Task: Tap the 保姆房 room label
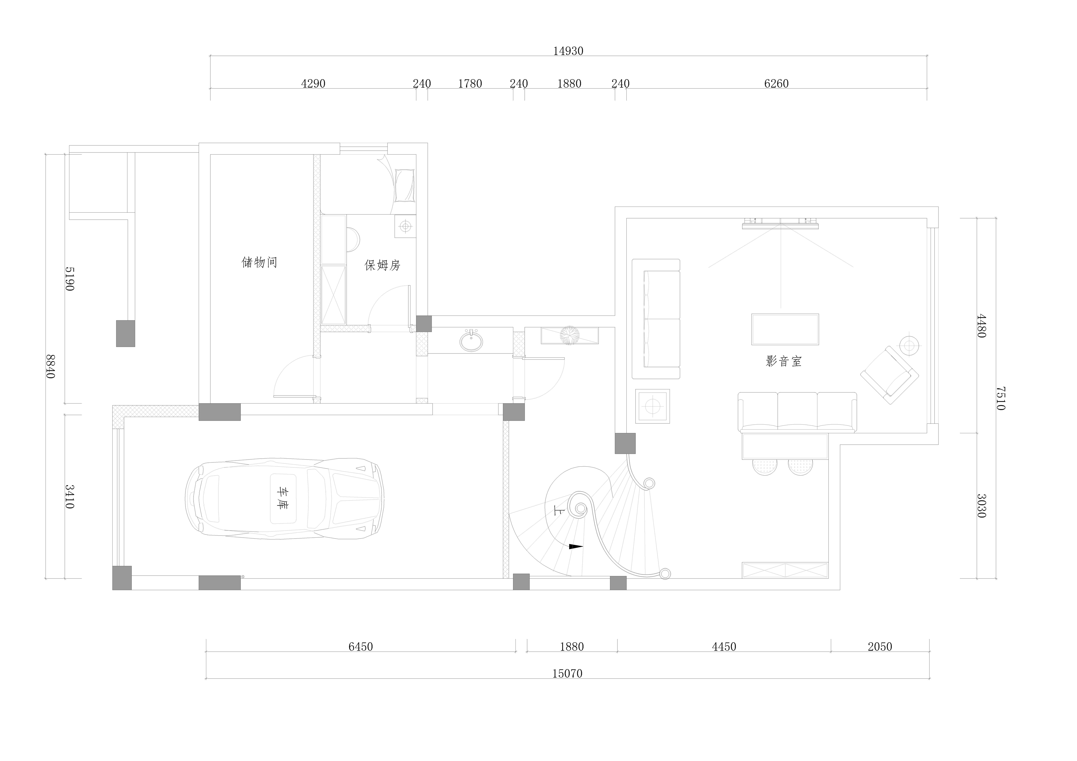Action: pos(382,265)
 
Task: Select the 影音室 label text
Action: pos(784,361)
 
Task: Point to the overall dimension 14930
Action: pos(568,51)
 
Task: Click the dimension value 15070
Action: pos(567,674)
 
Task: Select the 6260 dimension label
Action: pos(776,83)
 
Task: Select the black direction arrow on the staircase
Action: pos(576,546)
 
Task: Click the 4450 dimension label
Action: pos(724,647)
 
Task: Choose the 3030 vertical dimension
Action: pos(981,505)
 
